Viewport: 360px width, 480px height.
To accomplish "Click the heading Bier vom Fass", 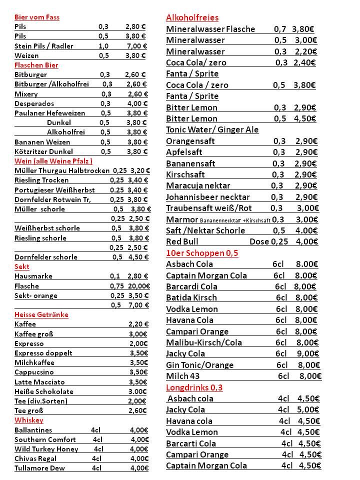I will click(x=37, y=17).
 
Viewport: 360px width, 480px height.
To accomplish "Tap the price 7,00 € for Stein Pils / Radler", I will click(x=136, y=46).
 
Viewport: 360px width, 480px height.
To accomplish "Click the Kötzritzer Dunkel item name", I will click(x=43, y=151).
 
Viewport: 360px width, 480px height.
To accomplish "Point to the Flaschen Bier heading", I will click(x=36, y=65).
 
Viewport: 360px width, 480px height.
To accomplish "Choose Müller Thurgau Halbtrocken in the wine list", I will click(x=61, y=170).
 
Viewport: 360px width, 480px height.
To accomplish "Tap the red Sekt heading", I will click(x=22, y=266).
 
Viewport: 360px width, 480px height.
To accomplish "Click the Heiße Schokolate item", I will click(x=44, y=391).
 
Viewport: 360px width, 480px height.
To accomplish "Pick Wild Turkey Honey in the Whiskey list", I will click(x=46, y=449).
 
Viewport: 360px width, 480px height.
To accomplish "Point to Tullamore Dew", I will click(x=39, y=468).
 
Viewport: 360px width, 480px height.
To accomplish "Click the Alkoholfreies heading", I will click(x=192, y=18).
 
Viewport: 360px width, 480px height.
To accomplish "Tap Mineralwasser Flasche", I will click(x=210, y=29).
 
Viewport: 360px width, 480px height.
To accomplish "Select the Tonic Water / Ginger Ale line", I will click(x=212, y=129).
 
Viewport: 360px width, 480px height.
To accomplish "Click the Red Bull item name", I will click(x=182, y=241).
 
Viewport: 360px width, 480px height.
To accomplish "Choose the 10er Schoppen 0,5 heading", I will click(x=202, y=253).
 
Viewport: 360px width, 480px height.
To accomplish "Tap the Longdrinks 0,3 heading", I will click(x=194, y=387).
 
